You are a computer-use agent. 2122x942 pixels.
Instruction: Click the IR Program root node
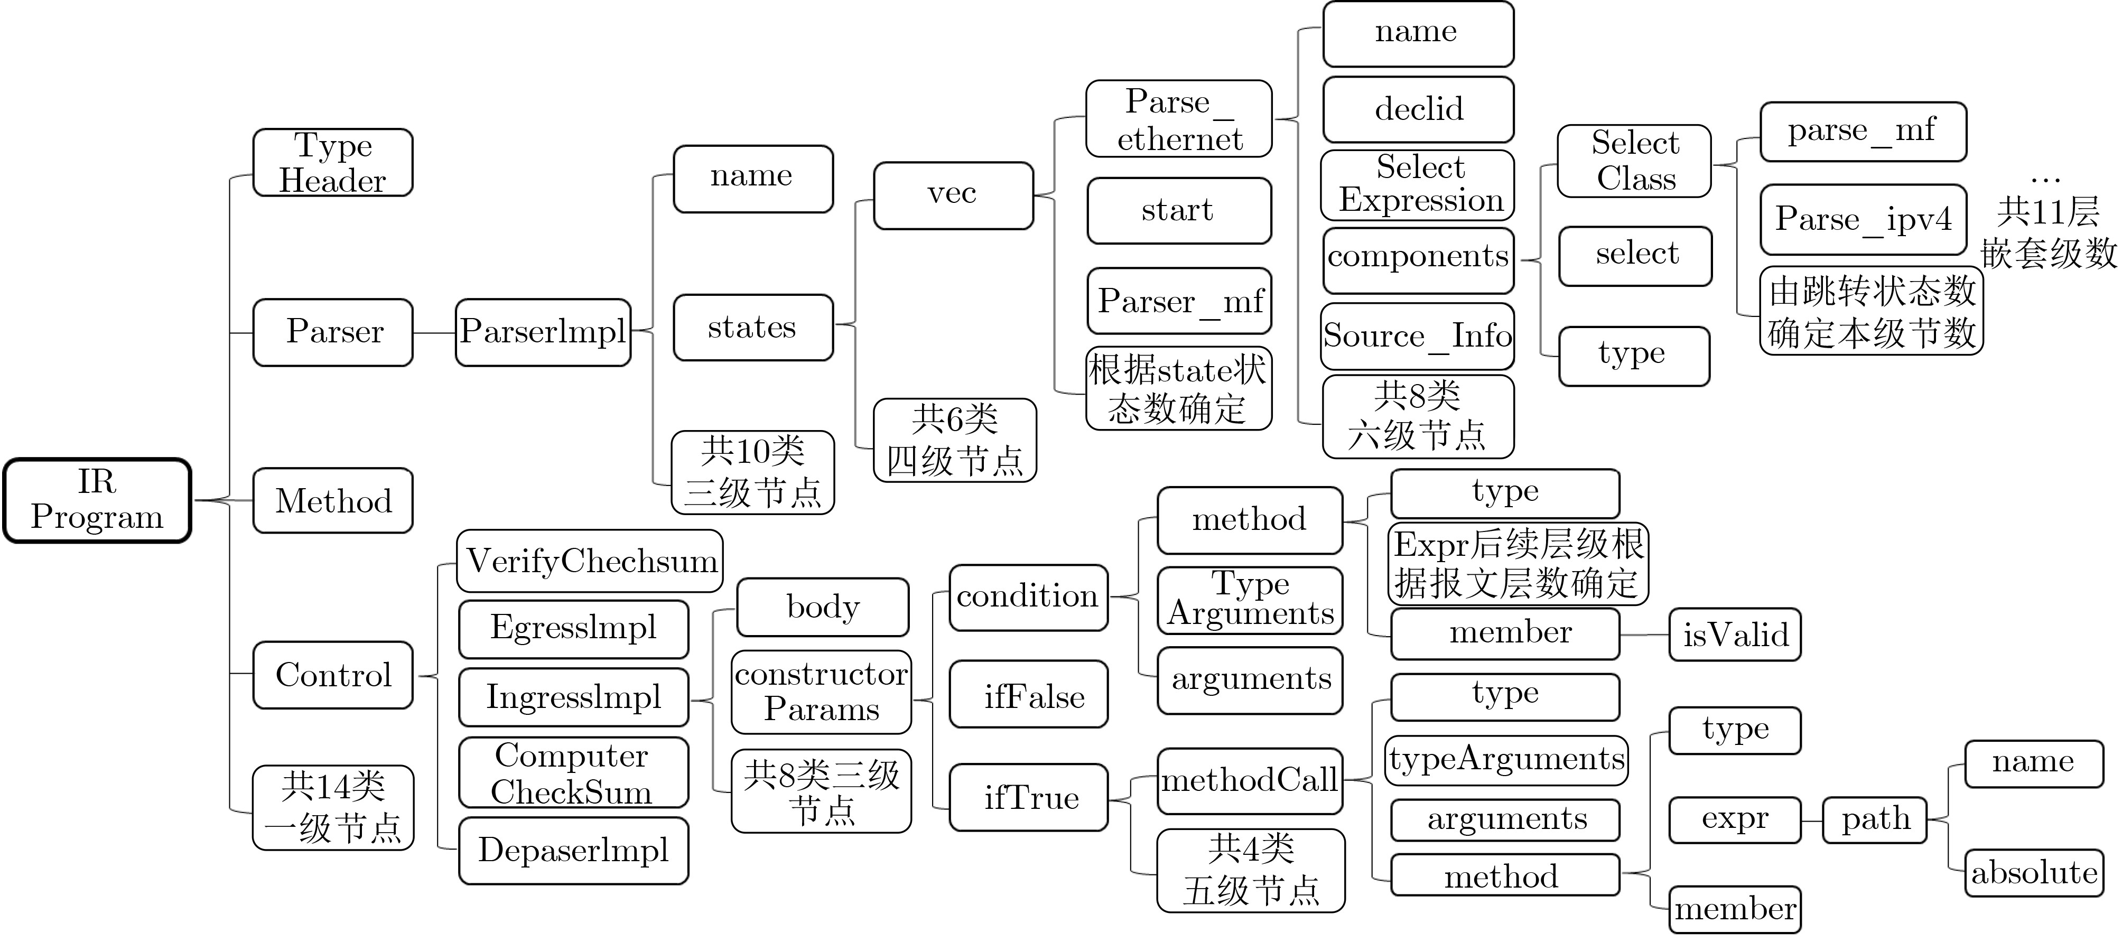(x=97, y=500)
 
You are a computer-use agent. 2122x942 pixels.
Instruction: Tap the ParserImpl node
(x=543, y=332)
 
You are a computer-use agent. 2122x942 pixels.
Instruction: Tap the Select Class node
(x=1634, y=161)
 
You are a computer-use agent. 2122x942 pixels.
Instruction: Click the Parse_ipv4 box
(x=1863, y=219)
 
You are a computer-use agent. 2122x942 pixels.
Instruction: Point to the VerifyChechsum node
(x=590, y=561)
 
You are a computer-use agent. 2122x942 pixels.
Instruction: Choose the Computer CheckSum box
(x=573, y=772)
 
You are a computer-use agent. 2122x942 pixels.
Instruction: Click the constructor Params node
(x=821, y=692)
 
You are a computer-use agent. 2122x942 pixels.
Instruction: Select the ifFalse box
(x=1029, y=694)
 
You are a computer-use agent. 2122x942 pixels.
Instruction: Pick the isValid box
(x=1735, y=634)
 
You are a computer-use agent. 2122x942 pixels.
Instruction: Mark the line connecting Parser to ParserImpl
(x=434, y=333)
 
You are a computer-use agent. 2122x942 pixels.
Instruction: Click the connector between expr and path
(x=1811, y=820)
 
